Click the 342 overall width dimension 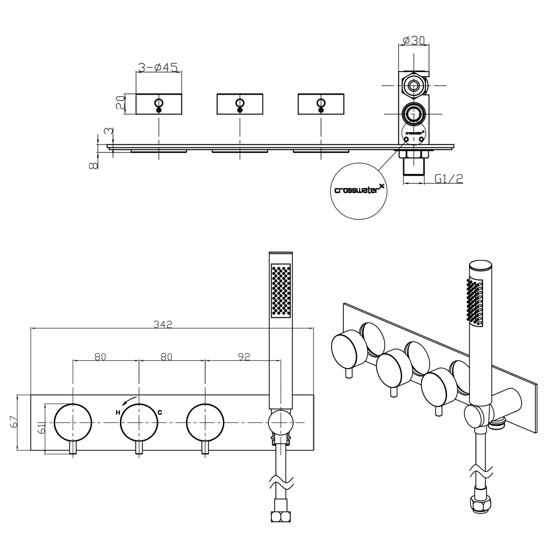tap(163, 324)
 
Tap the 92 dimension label tap(244, 357)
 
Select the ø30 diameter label tap(414, 41)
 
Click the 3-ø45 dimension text tap(158, 67)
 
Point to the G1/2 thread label tap(448, 179)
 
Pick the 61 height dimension tap(42, 428)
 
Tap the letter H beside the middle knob tap(118, 413)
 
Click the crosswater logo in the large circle tap(359, 190)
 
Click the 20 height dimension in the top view tap(121, 102)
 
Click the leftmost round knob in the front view tap(73, 422)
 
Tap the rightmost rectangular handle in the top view tap(321, 104)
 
